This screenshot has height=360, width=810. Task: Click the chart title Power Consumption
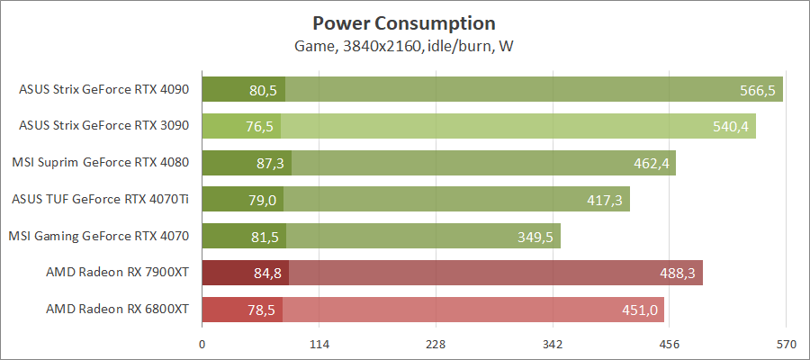coord(404,22)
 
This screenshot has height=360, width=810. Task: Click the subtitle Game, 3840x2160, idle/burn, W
coord(404,46)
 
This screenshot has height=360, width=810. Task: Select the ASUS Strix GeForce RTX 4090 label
coord(103,89)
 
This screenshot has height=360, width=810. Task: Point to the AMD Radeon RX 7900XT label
coord(117,273)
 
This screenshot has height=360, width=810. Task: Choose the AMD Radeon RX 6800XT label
coord(117,310)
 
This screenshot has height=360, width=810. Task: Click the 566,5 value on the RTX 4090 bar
coord(755,90)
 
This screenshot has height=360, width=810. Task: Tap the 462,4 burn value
coord(651,164)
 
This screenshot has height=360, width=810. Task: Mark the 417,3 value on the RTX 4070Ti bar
coord(605,200)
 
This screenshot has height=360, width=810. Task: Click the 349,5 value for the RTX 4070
coord(535,237)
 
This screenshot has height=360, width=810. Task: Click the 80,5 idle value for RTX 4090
coord(263,90)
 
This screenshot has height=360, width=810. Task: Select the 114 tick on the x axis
coord(319,344)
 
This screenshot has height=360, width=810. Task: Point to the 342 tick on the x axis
coord(553,344)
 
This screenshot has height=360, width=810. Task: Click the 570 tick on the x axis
coord(786,344)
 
